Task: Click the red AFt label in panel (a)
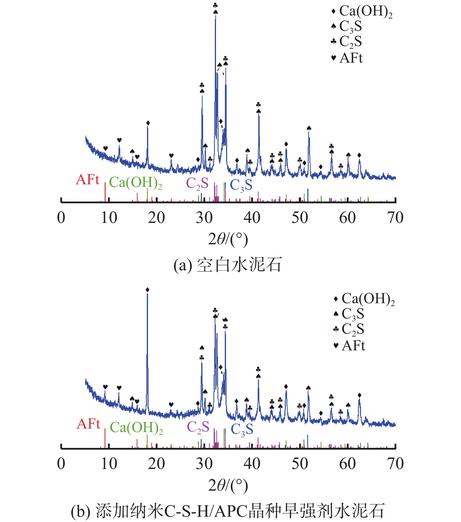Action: (x=88, y=180)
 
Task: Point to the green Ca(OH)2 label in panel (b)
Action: (x=136, y=427)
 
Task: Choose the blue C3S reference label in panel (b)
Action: (x=242, y=429)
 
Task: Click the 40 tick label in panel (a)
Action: (x=252, y=218)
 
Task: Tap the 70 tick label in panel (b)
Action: (x=395, y=464)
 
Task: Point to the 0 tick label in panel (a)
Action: (x=61, y=218)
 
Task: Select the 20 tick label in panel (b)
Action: (x=156, y=464)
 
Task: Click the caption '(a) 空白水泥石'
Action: (x=227, y=265)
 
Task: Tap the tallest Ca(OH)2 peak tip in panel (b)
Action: (x=147, y=294)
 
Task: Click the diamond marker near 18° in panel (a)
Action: (x=148, y=123)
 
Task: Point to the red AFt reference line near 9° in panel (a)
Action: (x=105, y=192)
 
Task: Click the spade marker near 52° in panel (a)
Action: (x=309, y=128)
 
